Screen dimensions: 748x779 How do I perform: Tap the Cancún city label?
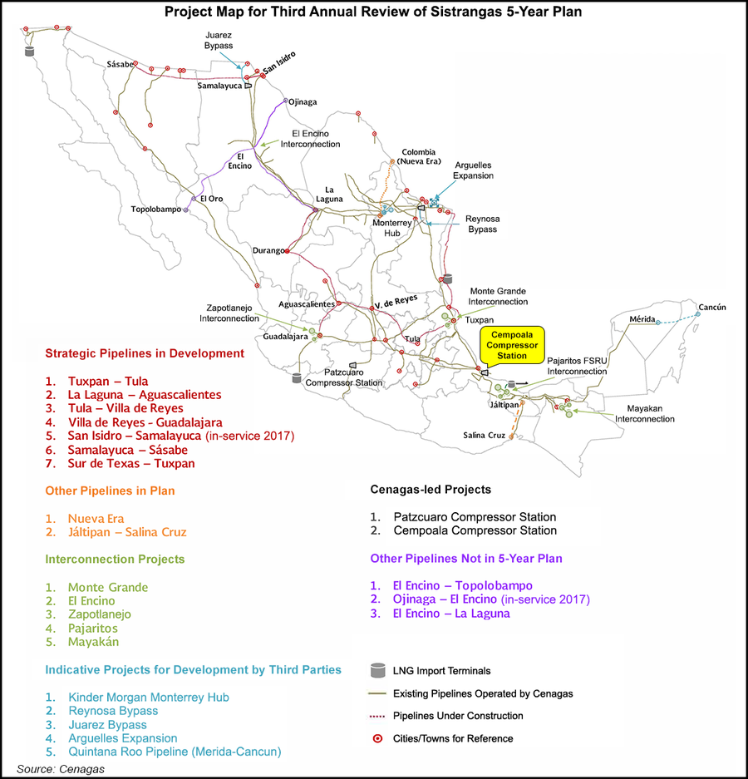(x=711, y=307)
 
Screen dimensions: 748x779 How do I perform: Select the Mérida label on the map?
(x=642, y=318)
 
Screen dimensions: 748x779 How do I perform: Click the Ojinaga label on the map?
(x=302, y=102)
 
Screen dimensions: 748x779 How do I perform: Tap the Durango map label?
(x=266, y=250)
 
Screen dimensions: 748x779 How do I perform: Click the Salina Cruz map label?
(x=485, y=435)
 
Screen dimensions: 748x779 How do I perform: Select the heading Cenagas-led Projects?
(x=431, y=490)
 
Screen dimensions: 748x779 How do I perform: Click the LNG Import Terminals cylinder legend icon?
(x=377, y=670)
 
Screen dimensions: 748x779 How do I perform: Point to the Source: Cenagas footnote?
(x=61, y=768)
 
